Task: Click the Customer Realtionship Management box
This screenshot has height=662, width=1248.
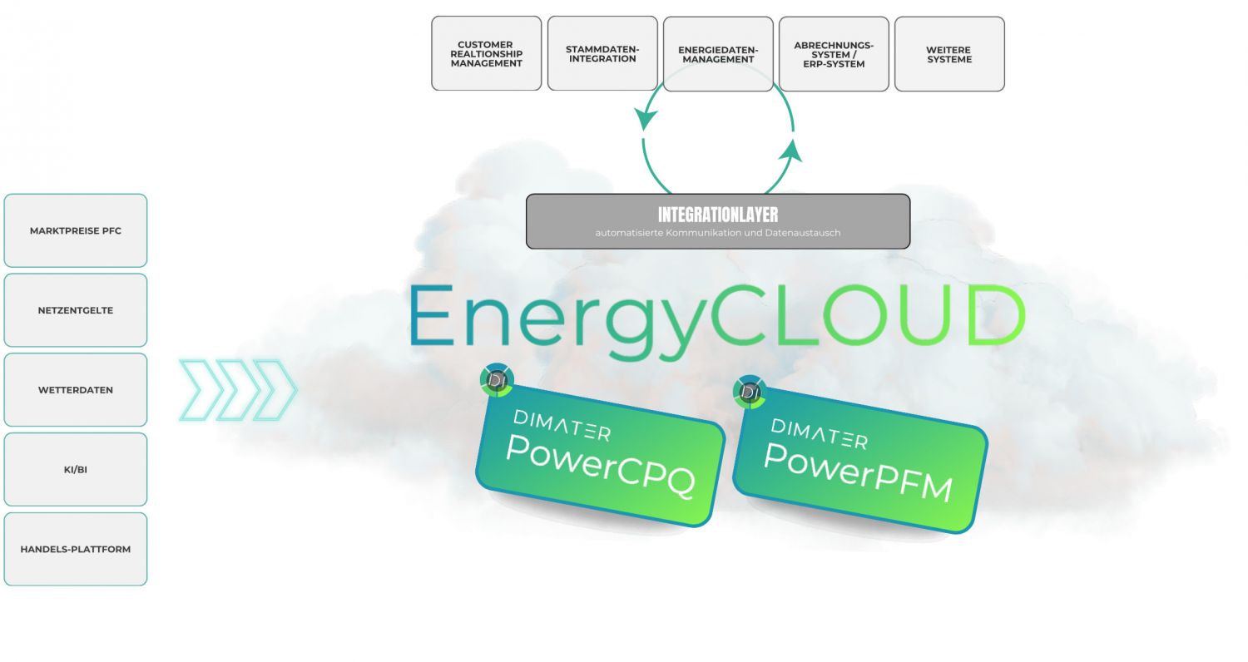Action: coord(486,53)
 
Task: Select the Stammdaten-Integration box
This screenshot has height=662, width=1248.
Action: coord(602,53)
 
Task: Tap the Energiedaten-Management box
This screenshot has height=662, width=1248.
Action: coord(718,53)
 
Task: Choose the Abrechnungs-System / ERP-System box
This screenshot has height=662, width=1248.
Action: coord(834,53)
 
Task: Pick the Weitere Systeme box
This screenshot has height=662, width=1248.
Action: coord(949,53)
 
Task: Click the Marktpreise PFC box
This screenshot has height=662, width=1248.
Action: coord(76,230)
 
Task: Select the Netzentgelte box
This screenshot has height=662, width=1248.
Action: coord(76,310)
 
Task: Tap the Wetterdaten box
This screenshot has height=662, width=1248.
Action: coord(76,389)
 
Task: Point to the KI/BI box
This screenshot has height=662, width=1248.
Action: coord(76,469)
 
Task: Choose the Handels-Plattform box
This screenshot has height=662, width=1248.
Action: coord(76,549)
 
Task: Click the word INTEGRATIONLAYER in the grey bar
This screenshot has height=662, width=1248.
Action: coord(718,215)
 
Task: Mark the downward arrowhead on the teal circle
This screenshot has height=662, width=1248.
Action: coord(645,119)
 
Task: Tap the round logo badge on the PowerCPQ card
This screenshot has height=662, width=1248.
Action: coord(498,380)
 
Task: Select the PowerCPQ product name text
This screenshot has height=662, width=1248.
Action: coord(600,466)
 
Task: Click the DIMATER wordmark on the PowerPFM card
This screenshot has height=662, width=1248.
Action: coord(820,433)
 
